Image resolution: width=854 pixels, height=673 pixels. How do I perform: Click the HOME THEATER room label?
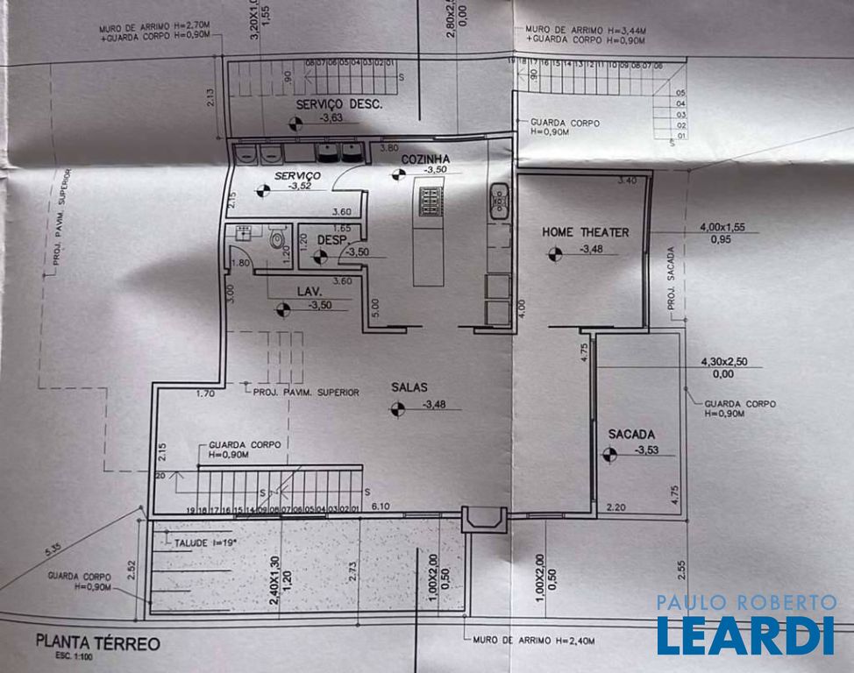[585, 232]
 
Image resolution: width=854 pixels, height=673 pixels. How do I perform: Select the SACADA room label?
[632, 434]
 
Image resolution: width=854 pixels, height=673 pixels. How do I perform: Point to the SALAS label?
[410, 386]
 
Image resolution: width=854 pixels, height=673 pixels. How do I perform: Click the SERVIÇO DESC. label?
[338, 104]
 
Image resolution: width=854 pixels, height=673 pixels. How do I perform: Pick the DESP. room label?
[334, 239]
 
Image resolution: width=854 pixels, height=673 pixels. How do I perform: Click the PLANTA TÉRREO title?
[98, 643]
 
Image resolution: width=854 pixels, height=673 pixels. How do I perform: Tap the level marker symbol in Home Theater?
[554, 254]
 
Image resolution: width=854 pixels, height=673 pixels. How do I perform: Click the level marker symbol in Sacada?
[610, 453]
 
